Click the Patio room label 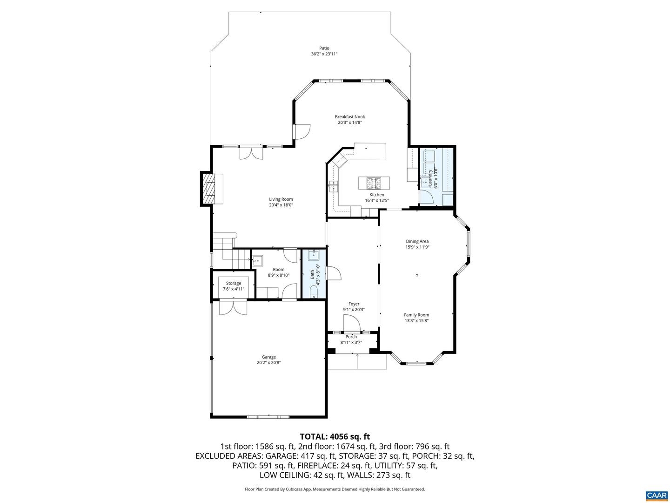click(324, 48)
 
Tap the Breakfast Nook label click(350, 117)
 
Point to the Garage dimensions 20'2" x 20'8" click(268, 363)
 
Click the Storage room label click(234, 283)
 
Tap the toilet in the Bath click(314, 292)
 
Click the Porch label click(351, 337)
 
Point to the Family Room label click(416, 315)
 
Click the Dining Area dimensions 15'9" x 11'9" click(417, 247)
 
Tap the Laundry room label click(430, 177)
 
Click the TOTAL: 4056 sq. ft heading click(335, 436)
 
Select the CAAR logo click(657, 495)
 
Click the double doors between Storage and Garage click(233, 307)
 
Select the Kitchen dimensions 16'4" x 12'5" click(376, 201)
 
